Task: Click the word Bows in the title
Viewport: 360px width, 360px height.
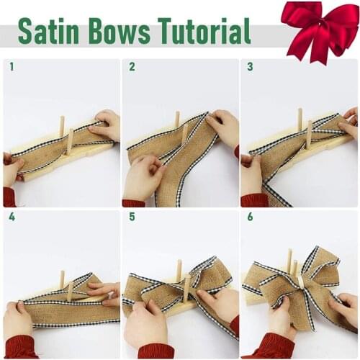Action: pos(117,32)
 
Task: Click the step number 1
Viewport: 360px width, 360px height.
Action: pos(12,67)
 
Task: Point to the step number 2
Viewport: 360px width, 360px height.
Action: pos(132,67)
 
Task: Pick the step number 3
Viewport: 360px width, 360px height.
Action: pos(250,67)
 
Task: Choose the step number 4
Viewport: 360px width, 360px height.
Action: pos(12,216)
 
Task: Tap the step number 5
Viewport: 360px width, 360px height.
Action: pos(132,216)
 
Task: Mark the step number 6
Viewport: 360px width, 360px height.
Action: pos(250,216)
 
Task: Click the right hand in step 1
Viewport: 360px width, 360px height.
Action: pos(106,125)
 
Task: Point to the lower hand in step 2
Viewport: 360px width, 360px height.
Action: pos(143,176)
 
